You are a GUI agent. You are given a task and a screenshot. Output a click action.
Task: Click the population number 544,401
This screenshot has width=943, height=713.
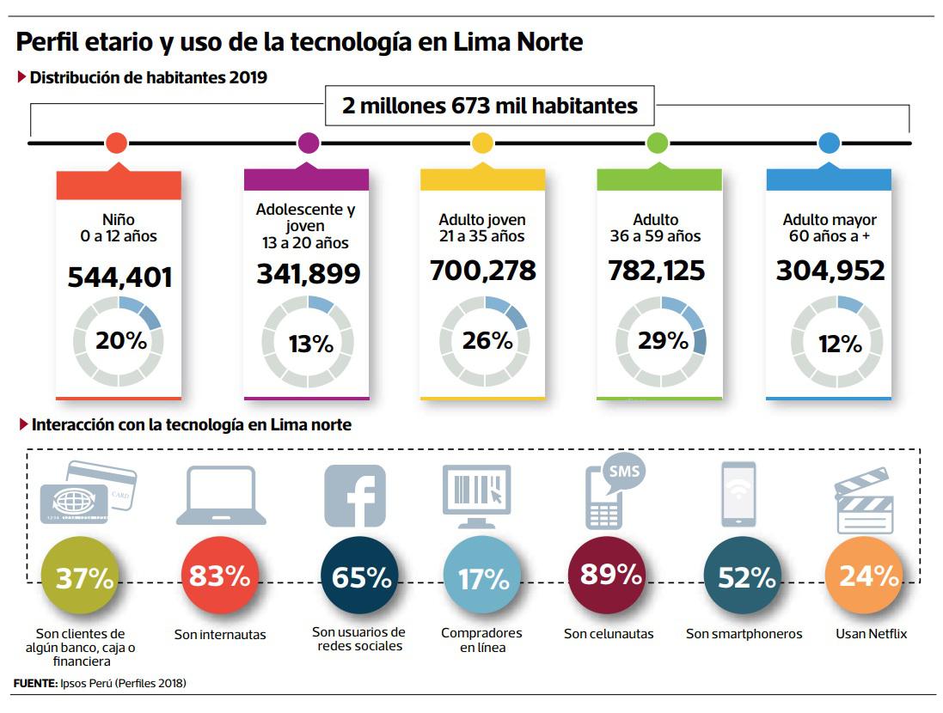point(119,277)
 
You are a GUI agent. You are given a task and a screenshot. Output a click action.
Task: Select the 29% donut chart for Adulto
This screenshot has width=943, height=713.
point(662,341)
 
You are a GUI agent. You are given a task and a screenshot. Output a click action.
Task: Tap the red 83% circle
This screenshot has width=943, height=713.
point(218,576)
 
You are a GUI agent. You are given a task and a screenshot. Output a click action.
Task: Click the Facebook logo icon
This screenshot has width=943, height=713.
point(354,496)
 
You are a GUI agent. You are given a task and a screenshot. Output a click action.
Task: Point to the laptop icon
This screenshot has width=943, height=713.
point(221,496)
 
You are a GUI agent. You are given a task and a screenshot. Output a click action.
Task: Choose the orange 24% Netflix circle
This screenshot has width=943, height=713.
point(863,576)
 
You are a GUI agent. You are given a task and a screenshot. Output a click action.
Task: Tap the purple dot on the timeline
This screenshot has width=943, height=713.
point(308,143)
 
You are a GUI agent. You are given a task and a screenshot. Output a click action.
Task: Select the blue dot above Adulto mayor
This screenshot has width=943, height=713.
point(829,143)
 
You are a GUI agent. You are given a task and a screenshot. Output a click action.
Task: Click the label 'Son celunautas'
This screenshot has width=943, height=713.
point(609,634)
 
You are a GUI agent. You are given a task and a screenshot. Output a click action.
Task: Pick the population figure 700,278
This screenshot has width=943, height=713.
point(482,271)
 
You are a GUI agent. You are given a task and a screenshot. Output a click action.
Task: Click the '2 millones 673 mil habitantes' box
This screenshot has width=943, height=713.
point(490,107)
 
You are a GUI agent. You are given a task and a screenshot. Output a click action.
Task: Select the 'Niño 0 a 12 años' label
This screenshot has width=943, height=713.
point(119,228)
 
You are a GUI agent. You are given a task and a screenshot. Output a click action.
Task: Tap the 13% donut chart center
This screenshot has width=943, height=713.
point(308,344)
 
